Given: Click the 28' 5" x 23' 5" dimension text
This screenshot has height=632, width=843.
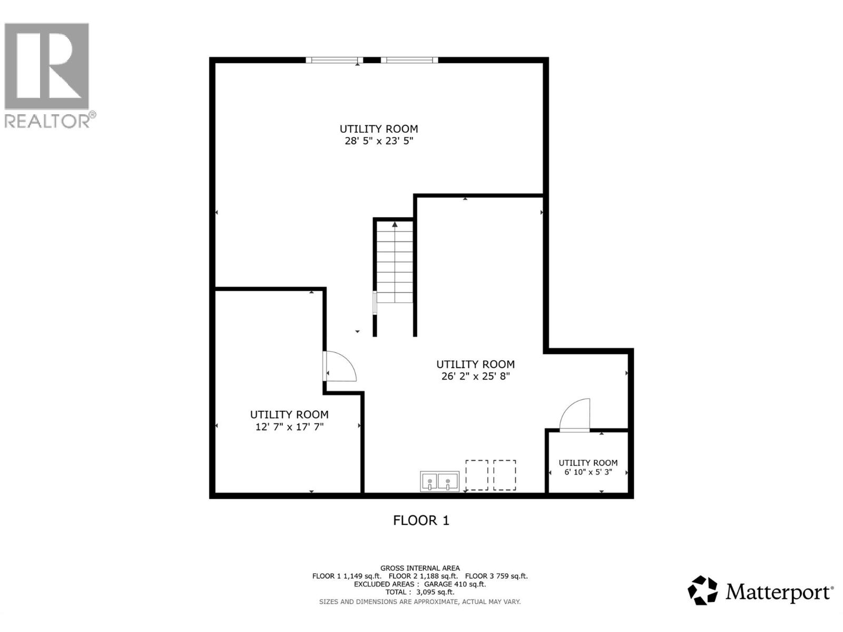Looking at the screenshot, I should pos(378,141).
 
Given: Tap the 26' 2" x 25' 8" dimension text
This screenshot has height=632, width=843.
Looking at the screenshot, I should pos(475,376).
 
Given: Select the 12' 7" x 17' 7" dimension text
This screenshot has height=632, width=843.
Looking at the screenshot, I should pos(289,427).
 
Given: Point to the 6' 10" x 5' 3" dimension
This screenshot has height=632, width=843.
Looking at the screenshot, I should pos(588,472).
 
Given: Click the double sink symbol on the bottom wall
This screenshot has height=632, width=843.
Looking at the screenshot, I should pos(439,481).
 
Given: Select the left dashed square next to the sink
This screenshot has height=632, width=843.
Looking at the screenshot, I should pos(476,475).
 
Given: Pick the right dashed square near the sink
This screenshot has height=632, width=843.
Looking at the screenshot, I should pos(504,475).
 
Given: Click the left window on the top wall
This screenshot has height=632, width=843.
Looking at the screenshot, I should pos(335,60).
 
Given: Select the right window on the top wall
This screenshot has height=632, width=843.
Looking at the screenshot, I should pos(409,60).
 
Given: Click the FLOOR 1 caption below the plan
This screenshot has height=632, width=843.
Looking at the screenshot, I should pos(421,520).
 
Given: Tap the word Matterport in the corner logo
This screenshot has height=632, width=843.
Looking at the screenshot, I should pos(778,592).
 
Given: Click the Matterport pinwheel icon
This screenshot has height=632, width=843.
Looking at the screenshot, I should pos(703,590).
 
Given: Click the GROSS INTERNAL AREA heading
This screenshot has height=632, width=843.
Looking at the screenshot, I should pos(420,568).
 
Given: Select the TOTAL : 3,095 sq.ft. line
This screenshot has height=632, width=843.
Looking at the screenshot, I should pos(420,592).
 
